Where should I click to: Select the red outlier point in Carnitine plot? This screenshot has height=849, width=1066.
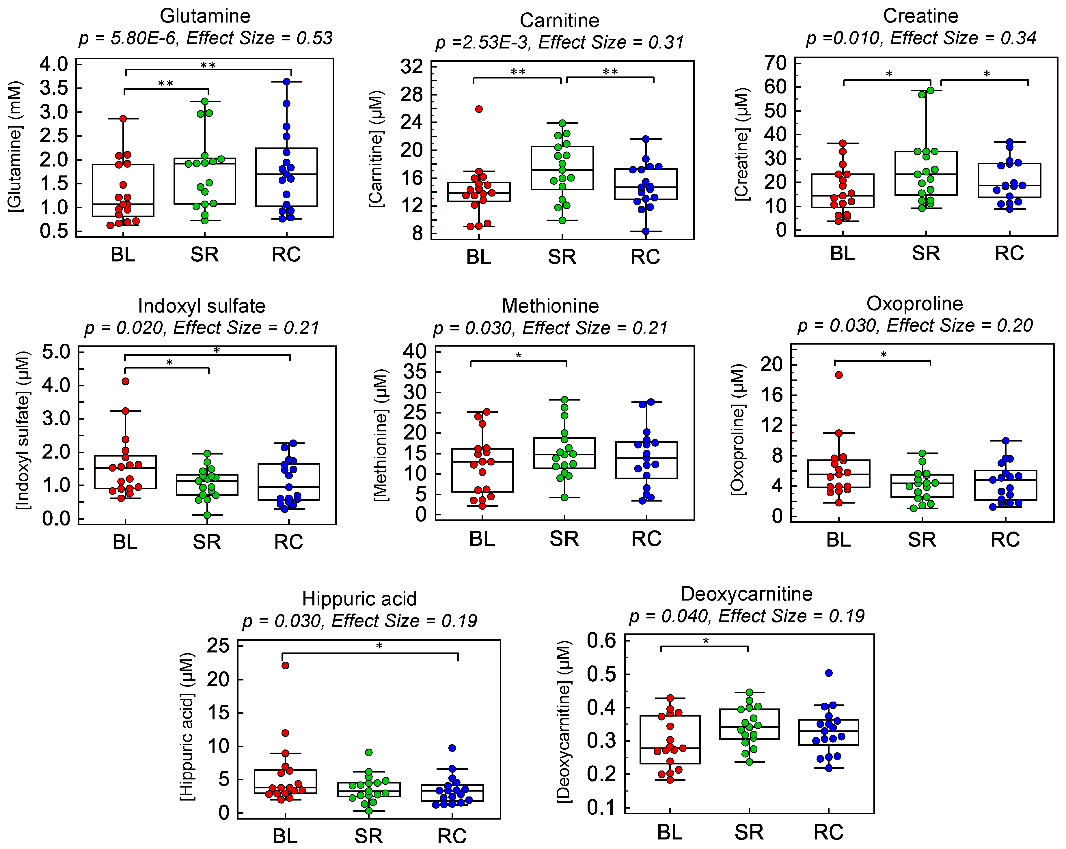(479, 109)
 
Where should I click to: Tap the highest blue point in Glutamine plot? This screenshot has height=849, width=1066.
(286, 82)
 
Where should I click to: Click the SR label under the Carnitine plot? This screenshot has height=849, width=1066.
(562, 257)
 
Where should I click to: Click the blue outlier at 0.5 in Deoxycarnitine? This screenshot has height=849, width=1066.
(829, 673)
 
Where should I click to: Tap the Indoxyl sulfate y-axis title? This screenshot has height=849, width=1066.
(23, 430)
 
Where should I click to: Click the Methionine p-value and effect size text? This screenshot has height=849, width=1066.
(550, 328)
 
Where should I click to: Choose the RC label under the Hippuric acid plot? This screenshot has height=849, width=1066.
(451, 836)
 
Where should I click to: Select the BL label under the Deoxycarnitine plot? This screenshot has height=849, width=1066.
(670, 832)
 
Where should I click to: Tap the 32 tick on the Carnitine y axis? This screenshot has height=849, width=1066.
(412, 66)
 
